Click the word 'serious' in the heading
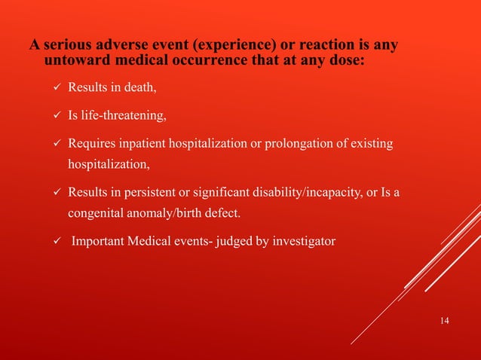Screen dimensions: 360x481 68,45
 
